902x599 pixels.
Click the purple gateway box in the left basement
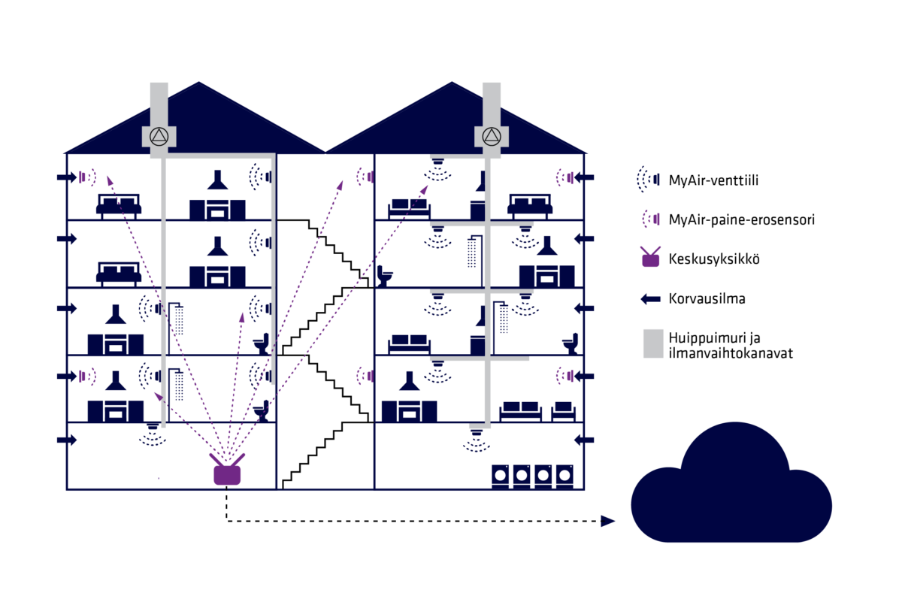pos(227,473)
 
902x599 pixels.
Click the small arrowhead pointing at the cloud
pos(608,521)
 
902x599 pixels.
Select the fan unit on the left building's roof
pos(159,136)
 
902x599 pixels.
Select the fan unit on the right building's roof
pos(492,136)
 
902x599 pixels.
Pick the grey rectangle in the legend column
pos(653,343)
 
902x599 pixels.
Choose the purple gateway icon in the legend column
pos(650,258)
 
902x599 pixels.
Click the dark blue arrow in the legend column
pos(651,299)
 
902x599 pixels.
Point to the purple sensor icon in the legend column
pos(651,219)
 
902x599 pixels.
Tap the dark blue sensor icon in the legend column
pos(649,180)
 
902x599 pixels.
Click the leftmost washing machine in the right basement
pos(501,476)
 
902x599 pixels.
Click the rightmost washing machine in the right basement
pos(565,476)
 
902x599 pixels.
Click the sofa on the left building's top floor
pos(119,204)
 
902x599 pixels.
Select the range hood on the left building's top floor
pos(217,180)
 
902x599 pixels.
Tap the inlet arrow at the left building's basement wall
pos(67,440)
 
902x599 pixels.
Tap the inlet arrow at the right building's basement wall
pos(584,440)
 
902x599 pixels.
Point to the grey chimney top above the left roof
pos(159,94)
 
